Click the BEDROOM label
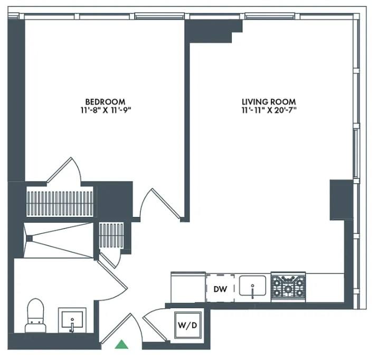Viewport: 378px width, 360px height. tap(106, 102)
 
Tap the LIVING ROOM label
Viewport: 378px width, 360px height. tap(269, 102)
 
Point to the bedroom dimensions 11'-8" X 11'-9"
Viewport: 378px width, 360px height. tap(106, 110)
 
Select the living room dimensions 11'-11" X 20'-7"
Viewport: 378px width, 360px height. tap(269, 110)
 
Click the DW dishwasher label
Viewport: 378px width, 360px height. tap(220, 289)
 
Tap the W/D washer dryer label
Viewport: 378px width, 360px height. tap(187, 325)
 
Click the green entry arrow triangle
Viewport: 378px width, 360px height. tap(121, 344)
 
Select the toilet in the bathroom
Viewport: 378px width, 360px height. tap(36, 316)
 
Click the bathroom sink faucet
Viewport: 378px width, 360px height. tap(72, 325)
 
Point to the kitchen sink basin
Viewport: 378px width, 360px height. tap(252, 286)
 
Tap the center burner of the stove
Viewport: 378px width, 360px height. tap(288, 288)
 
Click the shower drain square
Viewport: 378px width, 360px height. tap(29, 239)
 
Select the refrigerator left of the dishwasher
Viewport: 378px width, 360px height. tap(188, 287)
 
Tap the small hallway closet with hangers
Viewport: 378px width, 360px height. tap(111, 235)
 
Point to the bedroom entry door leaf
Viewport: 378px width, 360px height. tap(166, 204)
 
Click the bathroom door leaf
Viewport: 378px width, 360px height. tap(112, 275)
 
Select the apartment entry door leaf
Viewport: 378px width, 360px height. tap(116, 328)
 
